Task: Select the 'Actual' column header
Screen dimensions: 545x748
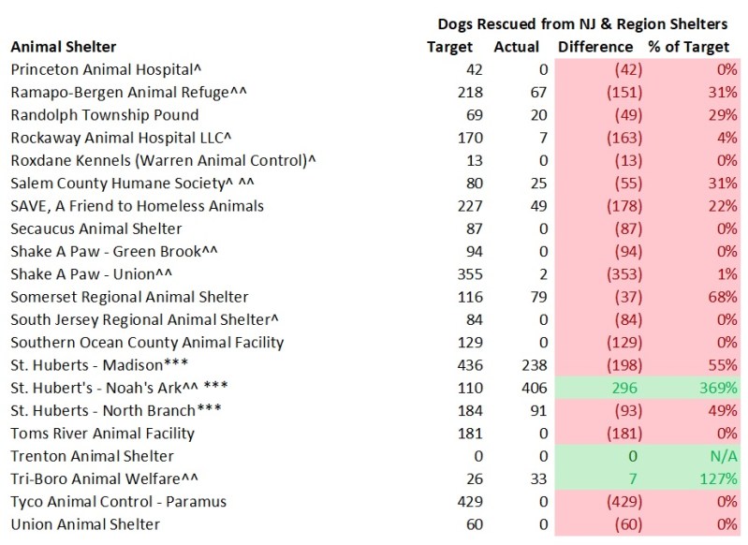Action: (x=516, y=46)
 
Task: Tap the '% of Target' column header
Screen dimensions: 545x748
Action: (x=691, y=46)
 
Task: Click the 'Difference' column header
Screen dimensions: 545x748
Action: (x=596, y=46)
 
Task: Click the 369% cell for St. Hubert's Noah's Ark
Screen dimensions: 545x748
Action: (x=713, y=388)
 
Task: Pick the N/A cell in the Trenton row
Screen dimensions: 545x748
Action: (x=720, y=456)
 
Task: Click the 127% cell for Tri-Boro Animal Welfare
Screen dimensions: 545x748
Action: (x=713, y=479)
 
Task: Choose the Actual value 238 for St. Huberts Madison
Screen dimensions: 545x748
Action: (x=526, y=365)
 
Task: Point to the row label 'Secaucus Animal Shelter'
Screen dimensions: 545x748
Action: (x=95, y=228)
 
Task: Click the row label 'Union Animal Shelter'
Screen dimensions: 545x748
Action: (x=84, y=524)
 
